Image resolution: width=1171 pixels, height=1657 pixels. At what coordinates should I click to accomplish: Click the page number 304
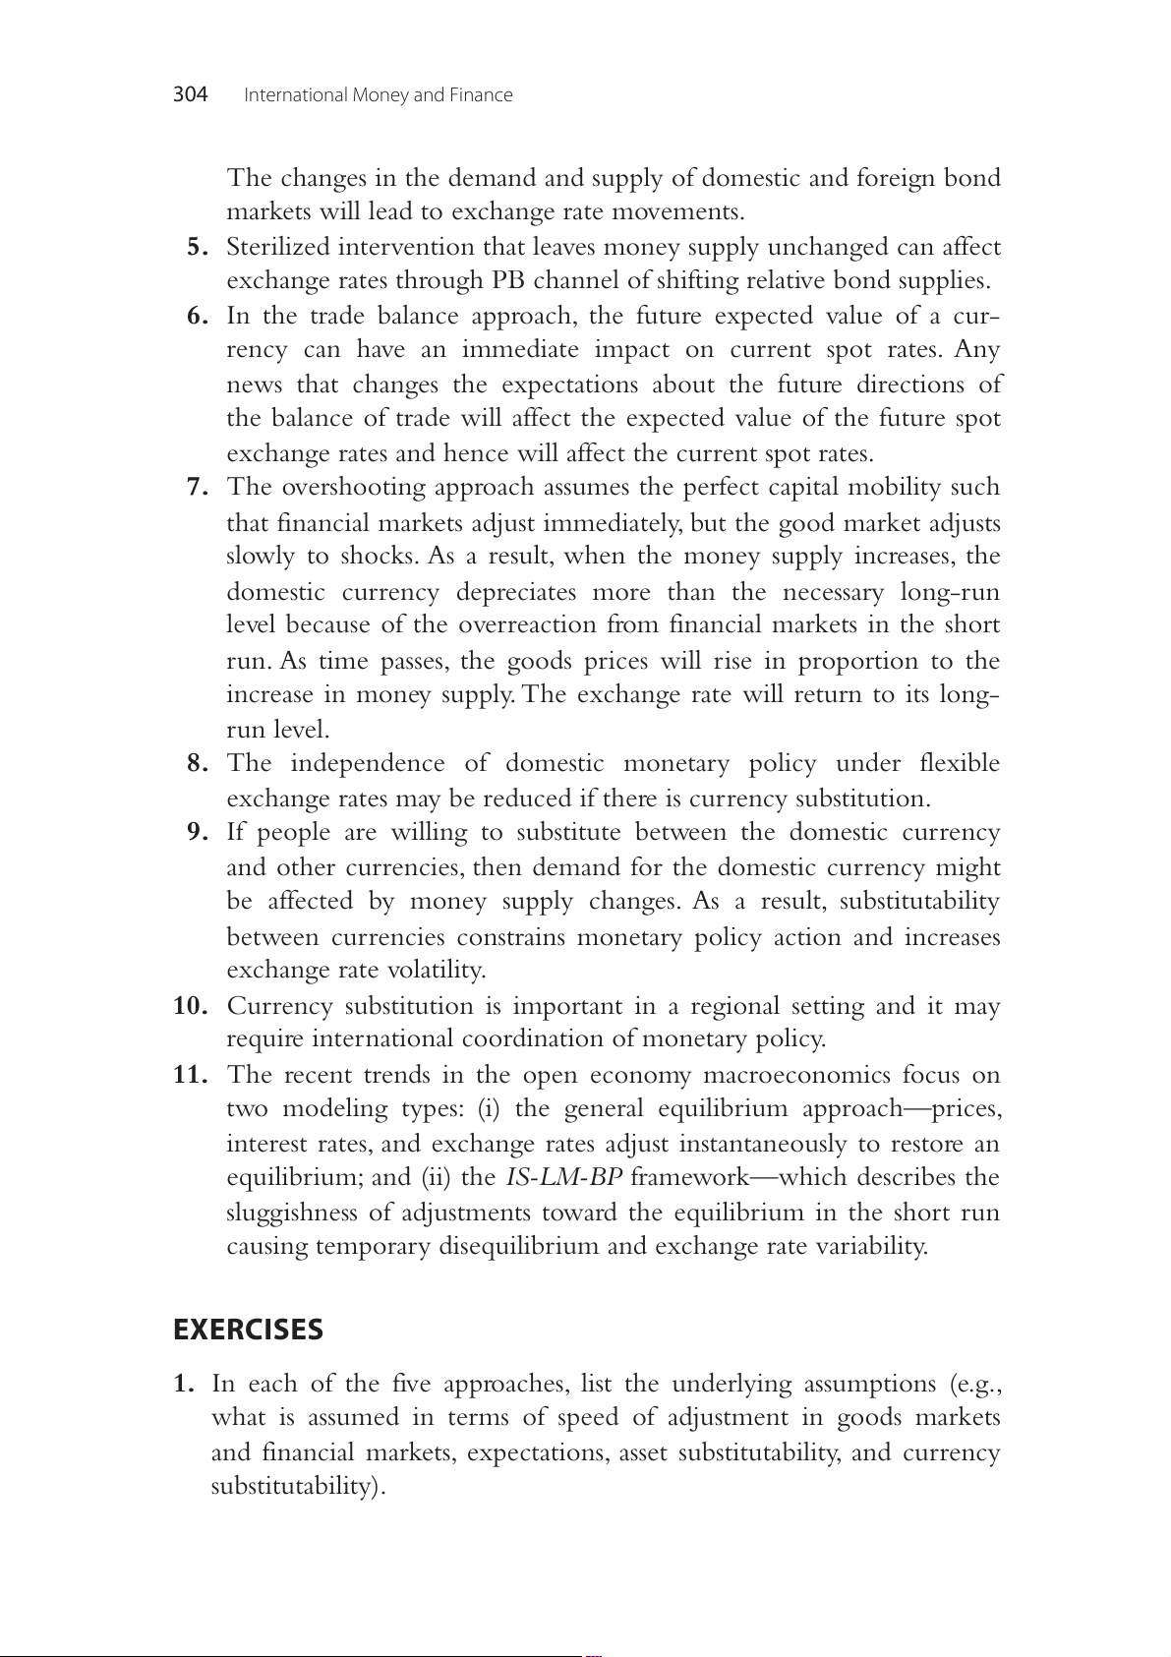(190, 94)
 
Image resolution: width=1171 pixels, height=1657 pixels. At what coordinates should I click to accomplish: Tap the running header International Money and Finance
(378, 95)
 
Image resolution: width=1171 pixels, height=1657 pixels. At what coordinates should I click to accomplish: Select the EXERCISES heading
(248, 1330)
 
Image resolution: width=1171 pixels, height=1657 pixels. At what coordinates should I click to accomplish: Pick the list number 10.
(191, 1006)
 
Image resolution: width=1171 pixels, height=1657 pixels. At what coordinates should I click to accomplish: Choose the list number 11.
(191, 1075)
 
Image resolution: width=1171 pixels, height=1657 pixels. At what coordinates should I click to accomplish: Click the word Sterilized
(278, 247)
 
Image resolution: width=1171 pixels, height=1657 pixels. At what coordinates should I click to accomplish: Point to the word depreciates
(516, 592)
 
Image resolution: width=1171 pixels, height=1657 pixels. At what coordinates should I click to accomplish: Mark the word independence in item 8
(366, 764)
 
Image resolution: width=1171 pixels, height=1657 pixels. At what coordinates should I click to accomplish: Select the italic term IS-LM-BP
(564, 1178)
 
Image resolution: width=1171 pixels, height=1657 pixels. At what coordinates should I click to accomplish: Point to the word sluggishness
(292, 1213)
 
